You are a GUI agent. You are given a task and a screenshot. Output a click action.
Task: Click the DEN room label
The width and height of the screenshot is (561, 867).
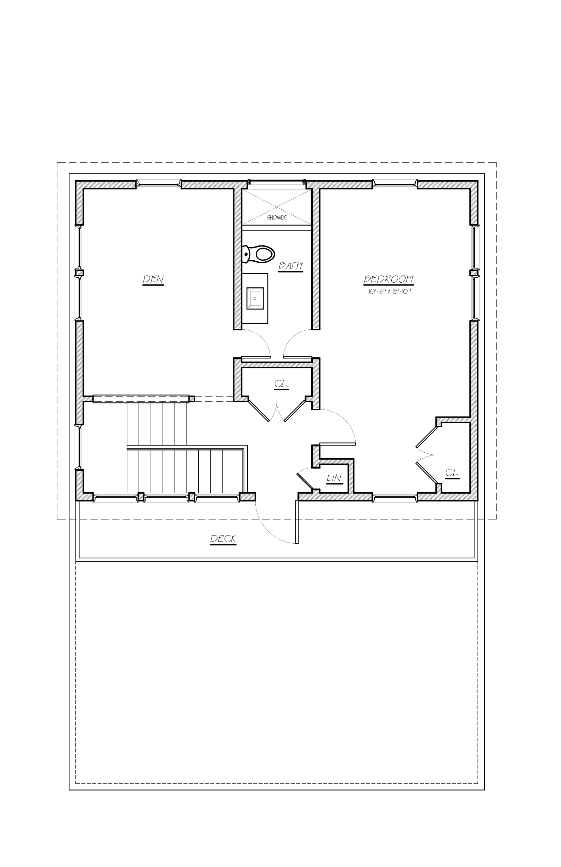153,280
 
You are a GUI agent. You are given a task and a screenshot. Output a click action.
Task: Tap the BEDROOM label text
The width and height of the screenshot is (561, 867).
389,279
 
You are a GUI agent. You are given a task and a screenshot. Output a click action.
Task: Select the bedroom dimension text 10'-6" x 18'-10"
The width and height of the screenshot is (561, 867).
390,291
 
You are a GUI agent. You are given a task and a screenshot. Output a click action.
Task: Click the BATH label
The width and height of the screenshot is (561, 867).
291,266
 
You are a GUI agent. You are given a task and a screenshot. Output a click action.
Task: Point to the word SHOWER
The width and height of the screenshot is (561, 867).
277,218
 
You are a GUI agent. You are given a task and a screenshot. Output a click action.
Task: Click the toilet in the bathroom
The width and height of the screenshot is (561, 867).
258,254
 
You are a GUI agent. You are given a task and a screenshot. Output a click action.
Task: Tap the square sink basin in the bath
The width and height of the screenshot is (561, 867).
255,298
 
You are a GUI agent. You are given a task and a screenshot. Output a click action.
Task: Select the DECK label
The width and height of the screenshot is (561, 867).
223,539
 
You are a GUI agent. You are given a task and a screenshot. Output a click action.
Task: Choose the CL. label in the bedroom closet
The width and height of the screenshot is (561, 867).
452,473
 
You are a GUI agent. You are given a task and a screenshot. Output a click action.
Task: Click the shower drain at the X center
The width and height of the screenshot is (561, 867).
277,207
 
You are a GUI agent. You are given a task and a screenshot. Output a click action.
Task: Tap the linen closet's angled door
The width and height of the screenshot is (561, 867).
305,480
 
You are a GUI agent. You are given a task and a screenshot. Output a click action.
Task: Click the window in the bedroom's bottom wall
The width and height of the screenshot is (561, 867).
395,497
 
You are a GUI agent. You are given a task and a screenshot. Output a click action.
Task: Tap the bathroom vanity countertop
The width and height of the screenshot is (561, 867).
255,298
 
